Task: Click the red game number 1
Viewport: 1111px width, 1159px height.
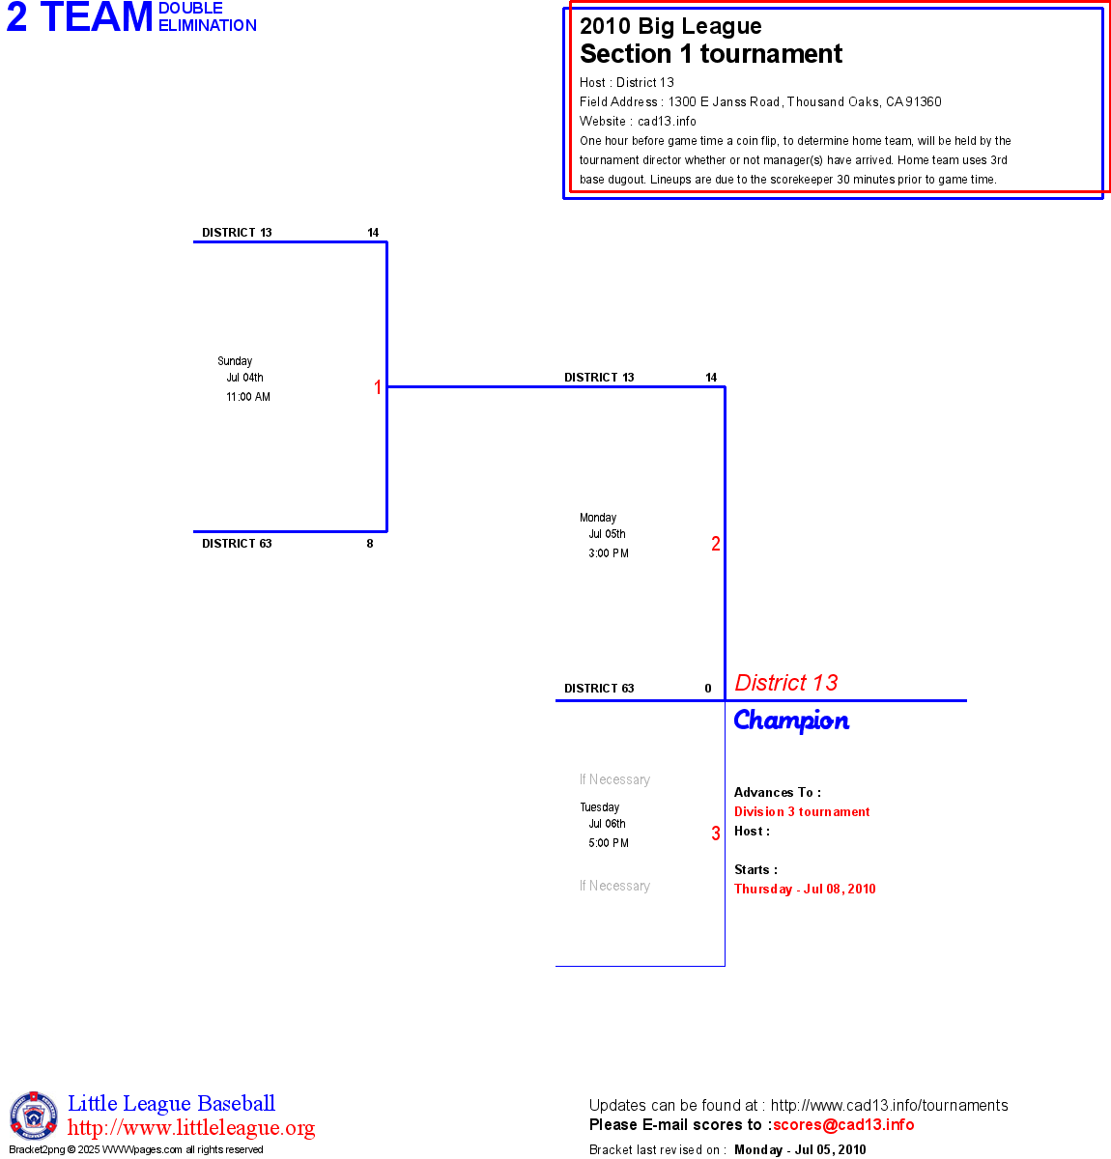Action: click(378, 387)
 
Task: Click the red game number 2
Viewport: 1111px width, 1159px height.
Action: click(716, 544)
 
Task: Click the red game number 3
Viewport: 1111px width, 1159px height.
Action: click(716, 834)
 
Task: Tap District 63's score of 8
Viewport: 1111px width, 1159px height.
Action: click(370, 544)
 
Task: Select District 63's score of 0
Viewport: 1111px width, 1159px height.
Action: click(708, 689)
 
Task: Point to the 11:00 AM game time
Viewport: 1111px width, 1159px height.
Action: click(248, 397)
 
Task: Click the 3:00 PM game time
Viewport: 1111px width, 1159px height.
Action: click(609, 553)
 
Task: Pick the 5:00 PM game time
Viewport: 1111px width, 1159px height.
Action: click(609, 843)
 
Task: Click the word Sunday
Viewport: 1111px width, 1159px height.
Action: click(235, 361)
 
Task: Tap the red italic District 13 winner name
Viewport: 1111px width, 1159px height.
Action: click(786, 683)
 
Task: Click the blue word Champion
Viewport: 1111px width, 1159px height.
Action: click(791, 721)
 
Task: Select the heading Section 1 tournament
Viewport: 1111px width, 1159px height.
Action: click(711, 54)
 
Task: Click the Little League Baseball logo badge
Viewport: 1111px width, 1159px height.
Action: click(34, 1116)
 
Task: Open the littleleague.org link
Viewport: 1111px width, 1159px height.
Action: click(191, 1128)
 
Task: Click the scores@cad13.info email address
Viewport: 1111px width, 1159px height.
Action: click(843, 1124)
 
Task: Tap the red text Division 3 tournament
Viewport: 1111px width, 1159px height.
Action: click(802, 812)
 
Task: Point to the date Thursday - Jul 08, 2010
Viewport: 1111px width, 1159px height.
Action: click(805, 890)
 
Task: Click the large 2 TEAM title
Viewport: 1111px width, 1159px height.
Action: click(80, 17)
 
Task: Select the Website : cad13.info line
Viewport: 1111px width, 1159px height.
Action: click(638, 122)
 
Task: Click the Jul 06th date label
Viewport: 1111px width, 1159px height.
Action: click(608, 824)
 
